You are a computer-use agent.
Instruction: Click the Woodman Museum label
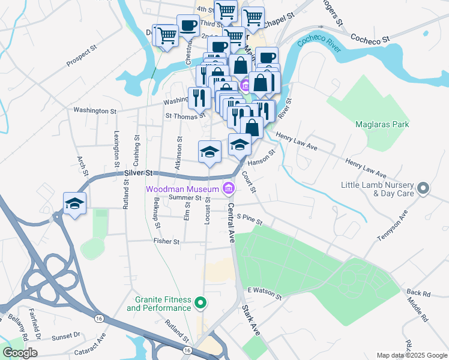tap(183, 189)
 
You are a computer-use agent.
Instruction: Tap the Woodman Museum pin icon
tap(228, 189)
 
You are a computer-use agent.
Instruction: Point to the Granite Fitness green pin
tap(202, 304)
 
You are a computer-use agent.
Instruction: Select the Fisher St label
tap(167, 242)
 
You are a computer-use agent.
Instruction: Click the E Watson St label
tap(264, 293)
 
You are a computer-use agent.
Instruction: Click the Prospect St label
tap(81, 54)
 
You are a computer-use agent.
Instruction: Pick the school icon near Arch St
tap(75, 203)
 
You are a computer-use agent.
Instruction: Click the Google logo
tap(20, 353)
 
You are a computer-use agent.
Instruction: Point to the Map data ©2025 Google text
tap(411, 355)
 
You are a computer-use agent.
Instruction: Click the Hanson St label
tap(261, 159)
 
